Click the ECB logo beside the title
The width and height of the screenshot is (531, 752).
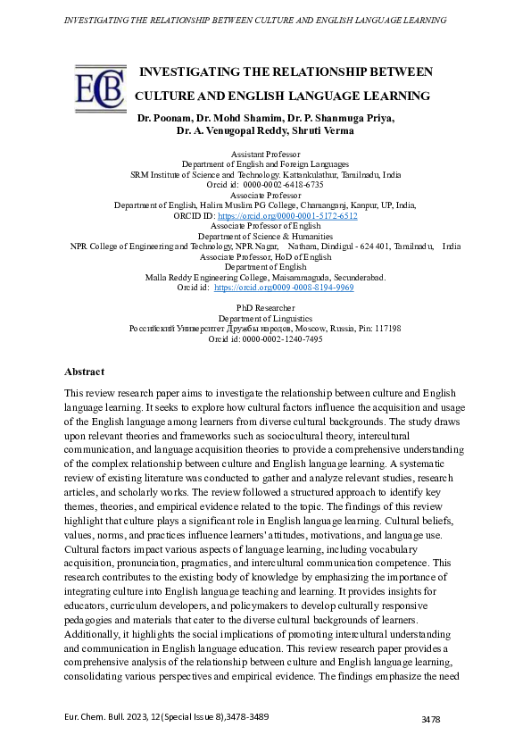[101, 88]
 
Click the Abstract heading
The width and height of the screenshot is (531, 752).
[84, 372]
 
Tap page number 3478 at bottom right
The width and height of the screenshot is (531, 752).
[432, 719]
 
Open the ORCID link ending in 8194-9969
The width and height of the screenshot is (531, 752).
[284, 288]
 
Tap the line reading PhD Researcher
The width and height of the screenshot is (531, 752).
[265, 308]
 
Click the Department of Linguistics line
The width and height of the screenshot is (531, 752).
[265, 318]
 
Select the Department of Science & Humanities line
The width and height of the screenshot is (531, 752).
[265, 237]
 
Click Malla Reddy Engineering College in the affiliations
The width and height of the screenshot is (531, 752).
[208, 278]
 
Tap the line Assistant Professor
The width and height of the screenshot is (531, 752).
[265, 155]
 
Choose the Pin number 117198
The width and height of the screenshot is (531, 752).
[387, 329]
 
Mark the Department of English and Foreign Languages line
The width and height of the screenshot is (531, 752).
[265, 164]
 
